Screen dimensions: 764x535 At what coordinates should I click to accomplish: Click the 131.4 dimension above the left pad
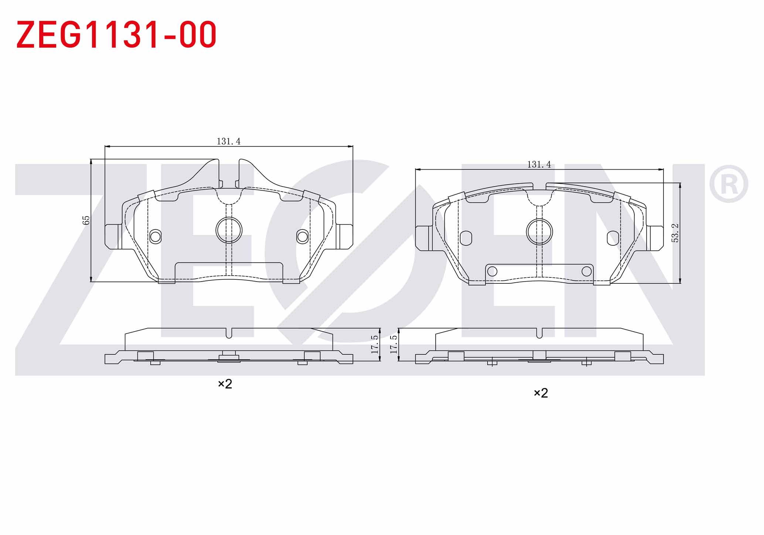(x=228, y=141)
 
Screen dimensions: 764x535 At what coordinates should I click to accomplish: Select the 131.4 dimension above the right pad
(x=539, y=164)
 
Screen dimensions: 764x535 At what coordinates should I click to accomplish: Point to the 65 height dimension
(x=86, y=220)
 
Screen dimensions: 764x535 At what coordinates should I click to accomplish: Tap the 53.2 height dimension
(x=675, y=233)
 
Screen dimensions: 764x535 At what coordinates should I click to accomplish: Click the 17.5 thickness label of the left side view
(x=375, y=344)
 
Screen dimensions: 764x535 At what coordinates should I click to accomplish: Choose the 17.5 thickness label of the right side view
(x=394, y=344)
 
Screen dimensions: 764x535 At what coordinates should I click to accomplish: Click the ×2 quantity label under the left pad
(x=225, y=384)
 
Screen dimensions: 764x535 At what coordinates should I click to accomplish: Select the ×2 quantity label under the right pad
(x=541, y=393)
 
